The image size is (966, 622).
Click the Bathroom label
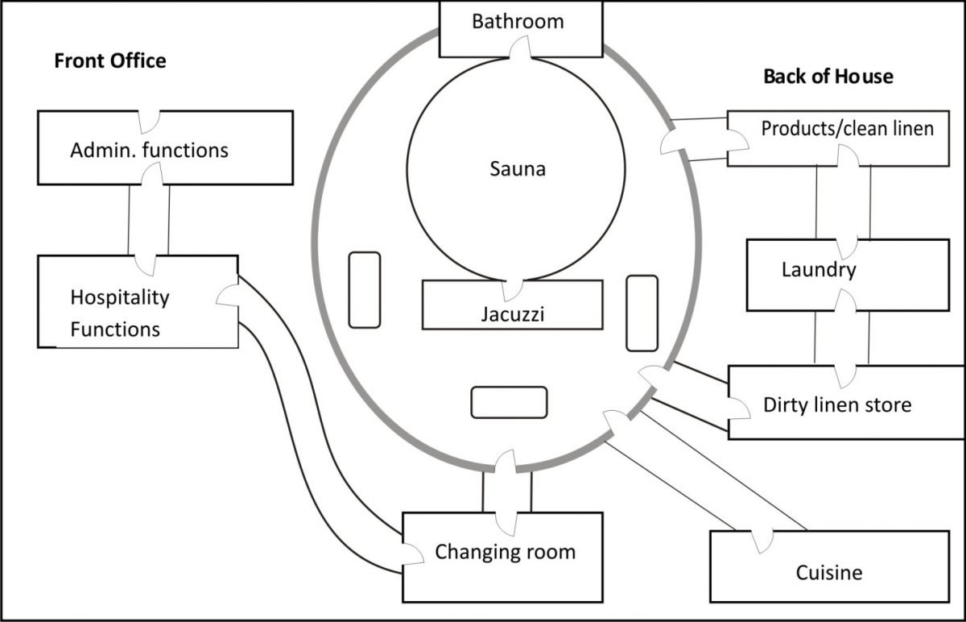[518, 21]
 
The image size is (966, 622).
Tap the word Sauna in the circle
[517, 169]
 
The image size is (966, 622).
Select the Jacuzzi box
[512, 311]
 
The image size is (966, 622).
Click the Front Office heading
[109, 60]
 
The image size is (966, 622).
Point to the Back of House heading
[828, 77]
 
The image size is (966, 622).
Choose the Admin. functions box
[149, 150]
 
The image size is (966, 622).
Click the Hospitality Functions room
[119, 313]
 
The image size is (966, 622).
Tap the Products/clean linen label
[847, 128]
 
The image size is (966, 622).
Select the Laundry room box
[818, 270]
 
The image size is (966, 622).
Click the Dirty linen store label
[837, 404]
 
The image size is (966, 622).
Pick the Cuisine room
[828, 573]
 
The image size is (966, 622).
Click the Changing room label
[505, 552]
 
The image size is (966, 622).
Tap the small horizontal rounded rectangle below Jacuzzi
[509, 402]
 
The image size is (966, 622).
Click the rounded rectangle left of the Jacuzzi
[364, 290]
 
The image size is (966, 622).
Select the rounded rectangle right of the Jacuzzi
[642, 313]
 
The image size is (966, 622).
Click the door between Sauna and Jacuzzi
[513, 289]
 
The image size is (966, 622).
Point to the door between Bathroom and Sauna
[519, 51]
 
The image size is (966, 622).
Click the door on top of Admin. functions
[149, 121]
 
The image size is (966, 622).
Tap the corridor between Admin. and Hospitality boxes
[149, 219]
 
